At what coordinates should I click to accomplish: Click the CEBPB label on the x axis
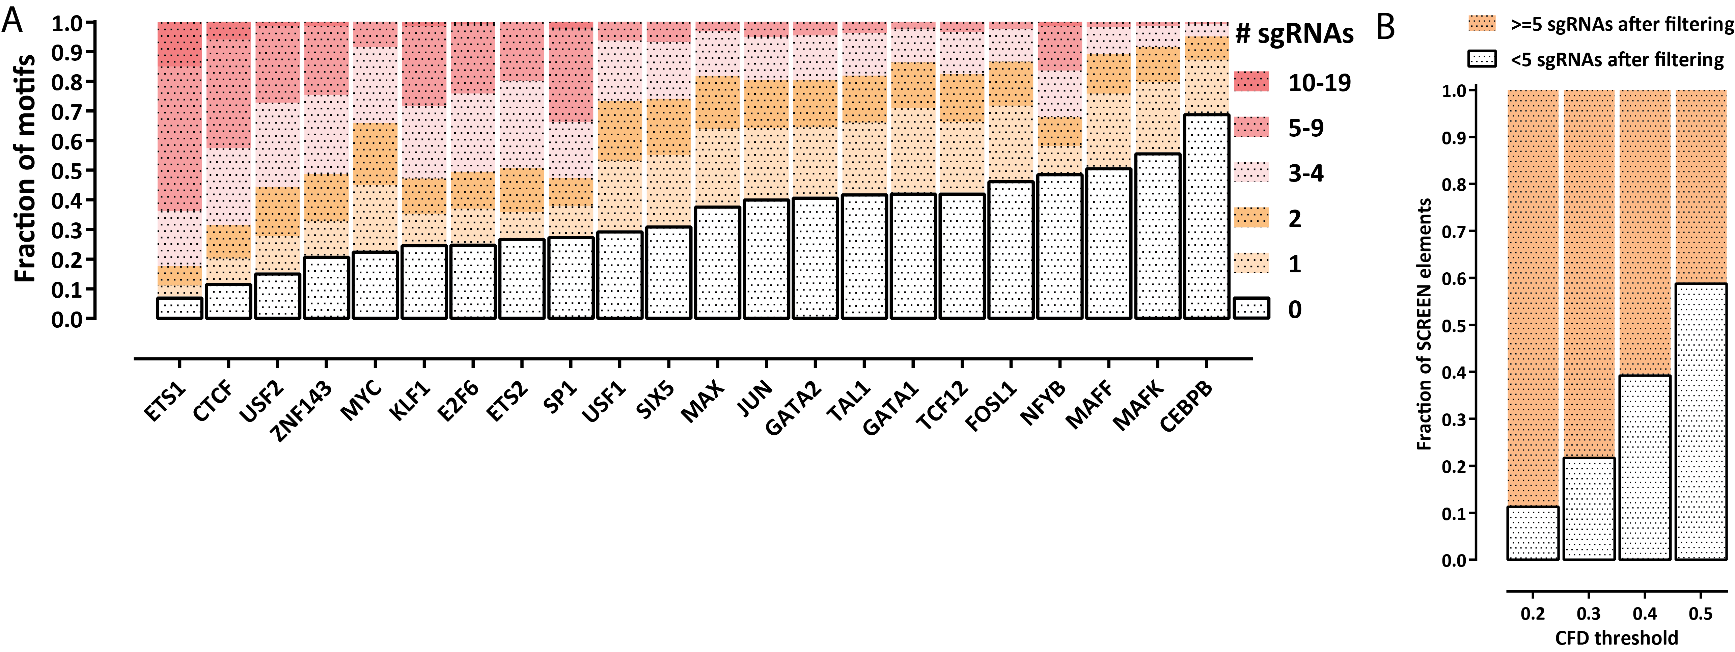(x=1187, y=406)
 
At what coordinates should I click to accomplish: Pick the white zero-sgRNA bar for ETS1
(x=179, y=308)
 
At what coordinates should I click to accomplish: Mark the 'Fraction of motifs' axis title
(x=26, y=168)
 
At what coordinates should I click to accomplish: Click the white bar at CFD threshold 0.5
(x=1701, y=421)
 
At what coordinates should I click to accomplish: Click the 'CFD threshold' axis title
(x=1617, y=637)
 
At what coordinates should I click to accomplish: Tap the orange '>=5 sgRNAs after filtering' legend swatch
(x=1482, y=24)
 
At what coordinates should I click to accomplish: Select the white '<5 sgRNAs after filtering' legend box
(x=1482, y=59)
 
